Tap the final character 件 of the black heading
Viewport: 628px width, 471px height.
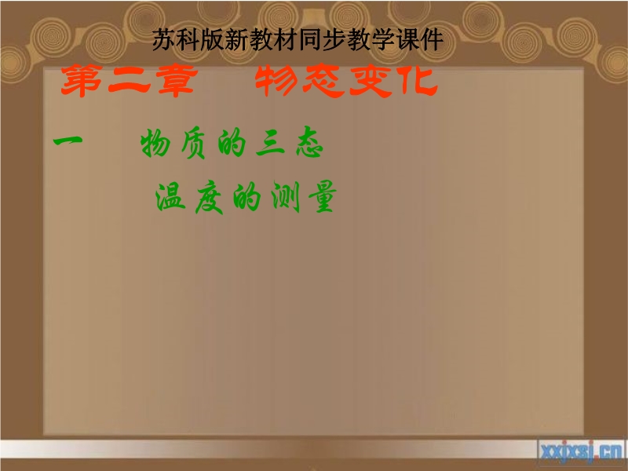(433, 40)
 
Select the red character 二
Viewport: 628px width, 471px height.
(129, 82)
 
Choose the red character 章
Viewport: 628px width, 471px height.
(177, 81)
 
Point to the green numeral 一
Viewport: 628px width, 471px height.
(68, 141)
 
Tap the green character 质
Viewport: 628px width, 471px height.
(193, 144)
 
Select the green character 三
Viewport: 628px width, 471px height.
(270, 144)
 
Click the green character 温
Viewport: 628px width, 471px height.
(170, 197)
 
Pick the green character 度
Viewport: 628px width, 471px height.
(209, 198)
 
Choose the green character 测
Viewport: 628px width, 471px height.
(286, 196)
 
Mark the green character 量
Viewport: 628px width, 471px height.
(323, 196)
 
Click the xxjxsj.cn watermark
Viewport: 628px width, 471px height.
(581, 452)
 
